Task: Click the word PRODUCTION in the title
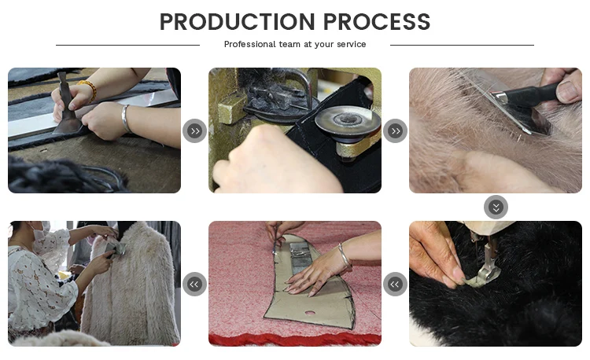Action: (237, 22)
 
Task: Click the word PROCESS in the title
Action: (377, 22)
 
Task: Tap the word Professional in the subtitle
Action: (250, 44)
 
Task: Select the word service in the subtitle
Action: (352, 44)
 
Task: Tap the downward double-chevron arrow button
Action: (496, 207)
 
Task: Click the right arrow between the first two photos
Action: (194, 130)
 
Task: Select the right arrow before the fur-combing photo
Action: (395, 130)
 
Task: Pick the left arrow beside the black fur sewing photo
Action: (395, 284)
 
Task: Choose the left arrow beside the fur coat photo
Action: (194, 284)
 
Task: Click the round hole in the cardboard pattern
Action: (310, 313)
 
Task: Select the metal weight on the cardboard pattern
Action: (300, 257)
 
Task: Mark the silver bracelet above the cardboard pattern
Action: (345, 256)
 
